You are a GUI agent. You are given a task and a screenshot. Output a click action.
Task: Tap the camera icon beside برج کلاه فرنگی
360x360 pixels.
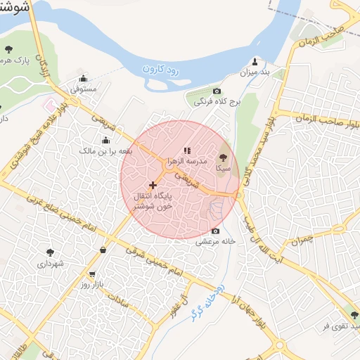(x=217, y=91)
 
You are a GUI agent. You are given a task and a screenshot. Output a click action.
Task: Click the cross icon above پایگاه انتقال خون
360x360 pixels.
(x=153, y=184)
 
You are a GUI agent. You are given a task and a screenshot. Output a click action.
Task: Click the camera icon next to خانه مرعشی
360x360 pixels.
(x=215, y=231)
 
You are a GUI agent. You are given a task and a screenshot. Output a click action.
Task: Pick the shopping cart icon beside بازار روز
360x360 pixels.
(x=92, y=274)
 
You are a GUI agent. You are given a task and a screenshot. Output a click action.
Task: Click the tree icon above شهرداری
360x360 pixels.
(x=50, y=252)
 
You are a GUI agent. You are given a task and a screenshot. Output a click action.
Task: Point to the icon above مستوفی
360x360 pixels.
(x=84, y=78)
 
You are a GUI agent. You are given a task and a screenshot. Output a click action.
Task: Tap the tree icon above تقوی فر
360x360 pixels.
(x=354, y=315)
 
